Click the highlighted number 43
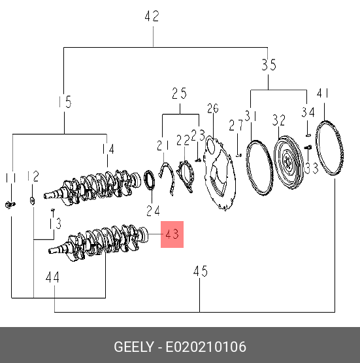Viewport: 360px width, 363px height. [x=172, y=234]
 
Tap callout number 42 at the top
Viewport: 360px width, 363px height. [x=152, y=16]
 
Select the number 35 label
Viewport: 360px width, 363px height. [x=269, y=65]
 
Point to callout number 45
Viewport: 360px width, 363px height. [x=201, y=271]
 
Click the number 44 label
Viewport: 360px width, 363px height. [x=52, y=277]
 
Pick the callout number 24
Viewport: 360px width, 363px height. [x=153, y=211]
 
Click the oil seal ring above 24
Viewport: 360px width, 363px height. [x=150, y=180]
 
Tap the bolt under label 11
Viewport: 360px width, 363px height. [x=10, y=205]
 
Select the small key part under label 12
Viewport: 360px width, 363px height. [x=33, y=201]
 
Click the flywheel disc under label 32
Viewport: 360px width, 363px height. [x=288, y=162]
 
